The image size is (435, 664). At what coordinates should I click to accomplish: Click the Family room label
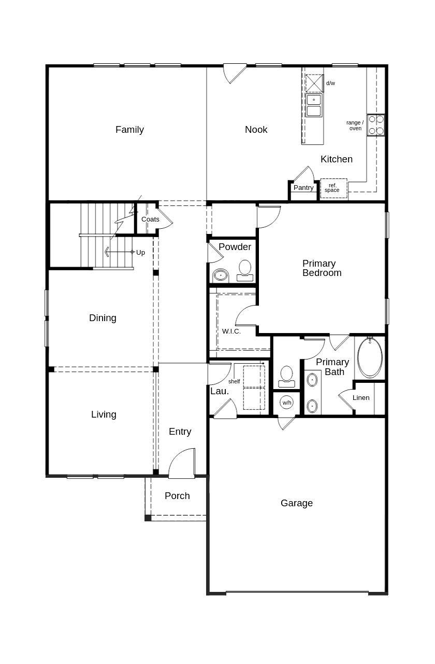pos(129,130)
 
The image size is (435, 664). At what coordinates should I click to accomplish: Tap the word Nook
pos(256,130)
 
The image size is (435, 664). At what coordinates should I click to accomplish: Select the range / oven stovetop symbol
pos(376,125)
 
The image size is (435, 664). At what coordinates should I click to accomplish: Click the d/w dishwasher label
pos(330,83)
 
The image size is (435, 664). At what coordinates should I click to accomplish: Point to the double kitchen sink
pos(313,105)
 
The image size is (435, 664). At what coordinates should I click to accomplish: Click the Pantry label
pos(303,188)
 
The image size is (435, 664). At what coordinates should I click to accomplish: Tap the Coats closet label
pos(150,219)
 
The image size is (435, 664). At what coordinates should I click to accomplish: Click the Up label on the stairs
pos(140,253)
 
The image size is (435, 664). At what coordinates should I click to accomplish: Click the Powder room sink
pos(221,275)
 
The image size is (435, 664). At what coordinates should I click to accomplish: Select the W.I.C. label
pos(231,331)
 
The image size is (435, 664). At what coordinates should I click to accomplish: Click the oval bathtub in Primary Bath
pos(370,358)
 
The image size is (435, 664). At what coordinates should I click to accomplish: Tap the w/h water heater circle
pos(287,402)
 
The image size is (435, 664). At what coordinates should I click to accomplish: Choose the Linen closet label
pos(361,398)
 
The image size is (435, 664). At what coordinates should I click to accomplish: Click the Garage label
pos(297,503)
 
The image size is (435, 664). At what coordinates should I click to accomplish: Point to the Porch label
pos(177,496)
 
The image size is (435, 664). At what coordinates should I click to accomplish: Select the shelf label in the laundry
pos(234,381)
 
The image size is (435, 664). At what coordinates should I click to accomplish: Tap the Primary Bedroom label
pos(322,268)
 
